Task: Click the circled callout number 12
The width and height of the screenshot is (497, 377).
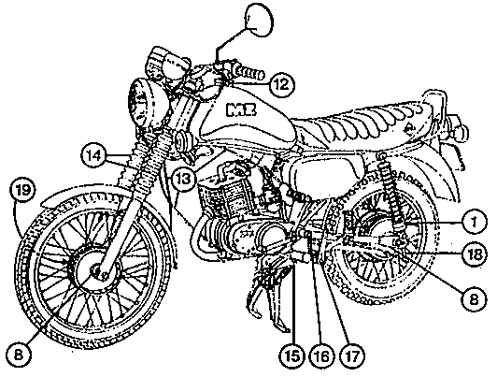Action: click(282, 85)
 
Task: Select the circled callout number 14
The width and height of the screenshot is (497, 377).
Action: click(94, 156)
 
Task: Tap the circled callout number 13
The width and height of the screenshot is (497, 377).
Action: click(183, 179)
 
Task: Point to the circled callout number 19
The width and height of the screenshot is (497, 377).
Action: click(22, 190)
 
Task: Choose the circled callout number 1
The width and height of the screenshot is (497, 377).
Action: click(474, 222)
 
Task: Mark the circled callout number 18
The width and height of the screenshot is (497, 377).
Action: click(474, 254)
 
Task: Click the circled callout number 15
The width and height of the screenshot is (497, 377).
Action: click(293, 356)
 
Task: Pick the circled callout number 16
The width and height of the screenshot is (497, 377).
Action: click(322, 356)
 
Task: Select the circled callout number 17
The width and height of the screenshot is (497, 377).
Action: click(352, 356)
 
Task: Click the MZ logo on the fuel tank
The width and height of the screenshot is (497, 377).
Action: click(242, 109)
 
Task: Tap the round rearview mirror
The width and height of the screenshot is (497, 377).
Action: click(259, 20)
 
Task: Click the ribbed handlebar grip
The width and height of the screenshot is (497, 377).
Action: click(248, 73)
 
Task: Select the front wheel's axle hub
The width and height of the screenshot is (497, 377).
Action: click(95, 269)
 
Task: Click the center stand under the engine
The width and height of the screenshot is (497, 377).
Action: click(269, 292)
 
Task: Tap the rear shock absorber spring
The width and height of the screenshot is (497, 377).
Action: click(390, 192)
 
